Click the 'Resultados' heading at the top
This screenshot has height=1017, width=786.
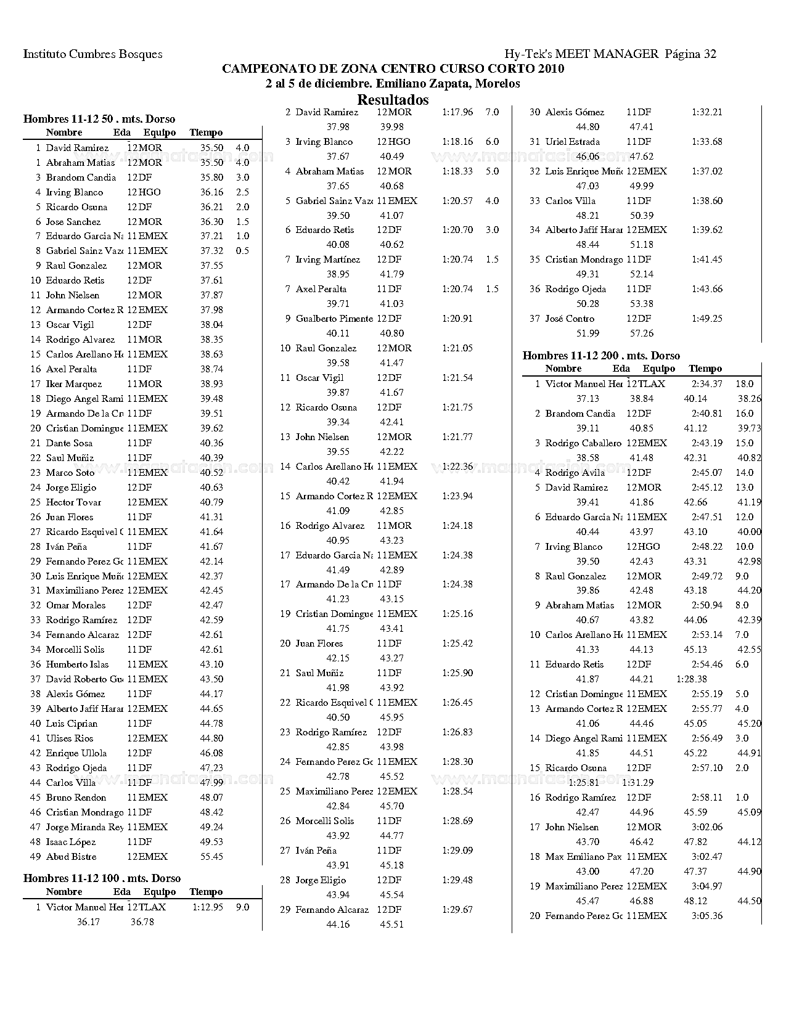click(393, 100)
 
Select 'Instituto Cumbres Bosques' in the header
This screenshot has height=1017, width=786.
click(92, 54)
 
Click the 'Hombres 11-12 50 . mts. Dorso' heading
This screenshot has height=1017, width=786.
click(99, 119)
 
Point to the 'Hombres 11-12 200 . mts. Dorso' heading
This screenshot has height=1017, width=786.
click(601, 356)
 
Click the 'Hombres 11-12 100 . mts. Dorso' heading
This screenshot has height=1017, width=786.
click(102, 878)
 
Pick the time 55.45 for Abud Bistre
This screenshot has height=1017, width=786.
click(211, 857)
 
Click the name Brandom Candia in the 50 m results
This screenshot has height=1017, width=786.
click(81, 178)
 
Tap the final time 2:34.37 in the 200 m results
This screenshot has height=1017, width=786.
click(706, 384)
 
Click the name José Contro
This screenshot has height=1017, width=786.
click(570, 319)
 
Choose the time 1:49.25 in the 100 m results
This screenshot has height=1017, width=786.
click(706, 319)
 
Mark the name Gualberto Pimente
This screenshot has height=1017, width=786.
click(334, 319)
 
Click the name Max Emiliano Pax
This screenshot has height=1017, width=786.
click(583, 857)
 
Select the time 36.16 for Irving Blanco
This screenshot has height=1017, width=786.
click(211, 192)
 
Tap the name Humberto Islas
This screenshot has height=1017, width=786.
click(77, 664)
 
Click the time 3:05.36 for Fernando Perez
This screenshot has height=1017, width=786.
click(706, 916)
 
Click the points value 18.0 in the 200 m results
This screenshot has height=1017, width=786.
click(744, 384)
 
